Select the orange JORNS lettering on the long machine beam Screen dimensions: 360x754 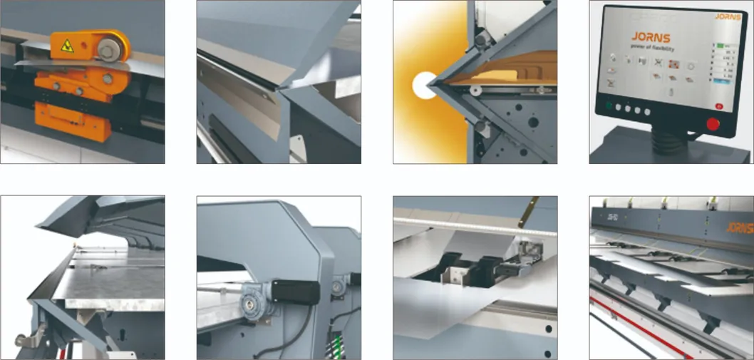(x=740, y=227)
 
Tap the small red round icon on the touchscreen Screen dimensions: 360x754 (x=719, y=106)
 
